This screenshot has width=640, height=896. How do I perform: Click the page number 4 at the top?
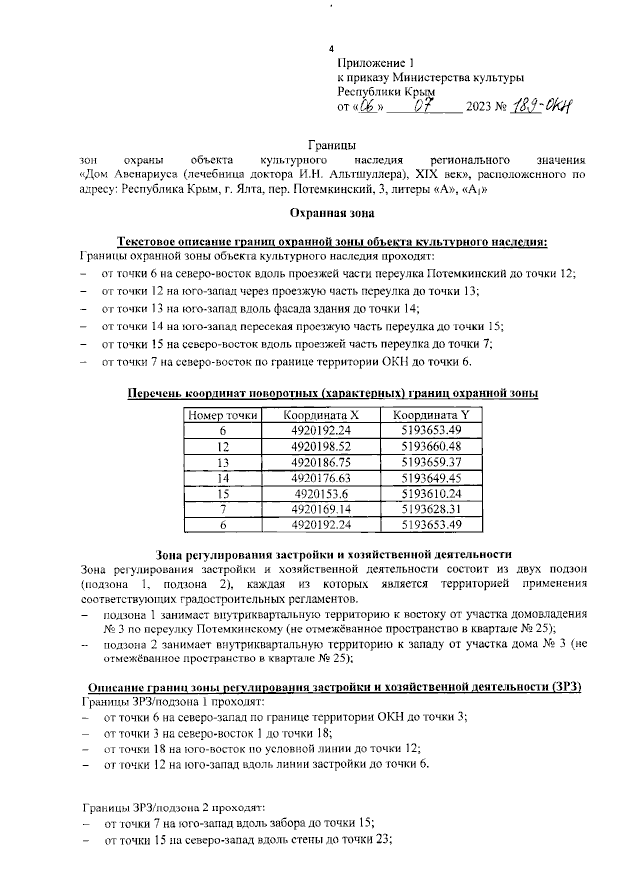[331, 51]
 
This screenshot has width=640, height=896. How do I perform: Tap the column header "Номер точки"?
[224, 415]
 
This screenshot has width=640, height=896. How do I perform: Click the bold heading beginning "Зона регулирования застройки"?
[334, 554]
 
